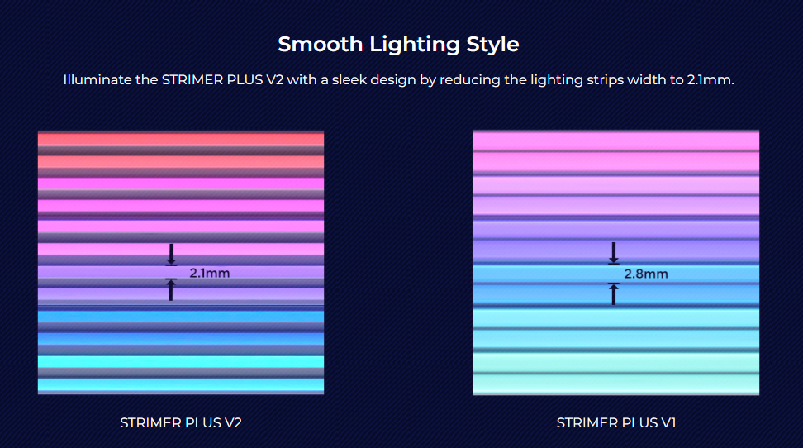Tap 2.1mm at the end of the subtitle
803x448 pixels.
coord(710,80)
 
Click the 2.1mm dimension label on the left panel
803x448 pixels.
coord(210,272)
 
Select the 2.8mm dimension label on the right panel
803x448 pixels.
coord(646,274)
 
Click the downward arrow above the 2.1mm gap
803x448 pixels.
coord(171,253)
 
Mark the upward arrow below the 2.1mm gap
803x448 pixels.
coord(171,289)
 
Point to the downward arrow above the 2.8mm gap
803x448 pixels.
coord(614,252)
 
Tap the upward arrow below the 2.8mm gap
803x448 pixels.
coord(614,293)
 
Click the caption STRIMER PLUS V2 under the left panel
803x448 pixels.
coord(181,422)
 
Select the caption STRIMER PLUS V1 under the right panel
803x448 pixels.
coord(616,422)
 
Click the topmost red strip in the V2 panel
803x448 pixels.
coord(181,139)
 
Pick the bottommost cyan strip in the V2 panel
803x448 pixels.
coord(181,384)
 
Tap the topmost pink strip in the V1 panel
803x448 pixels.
coord(616,141)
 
